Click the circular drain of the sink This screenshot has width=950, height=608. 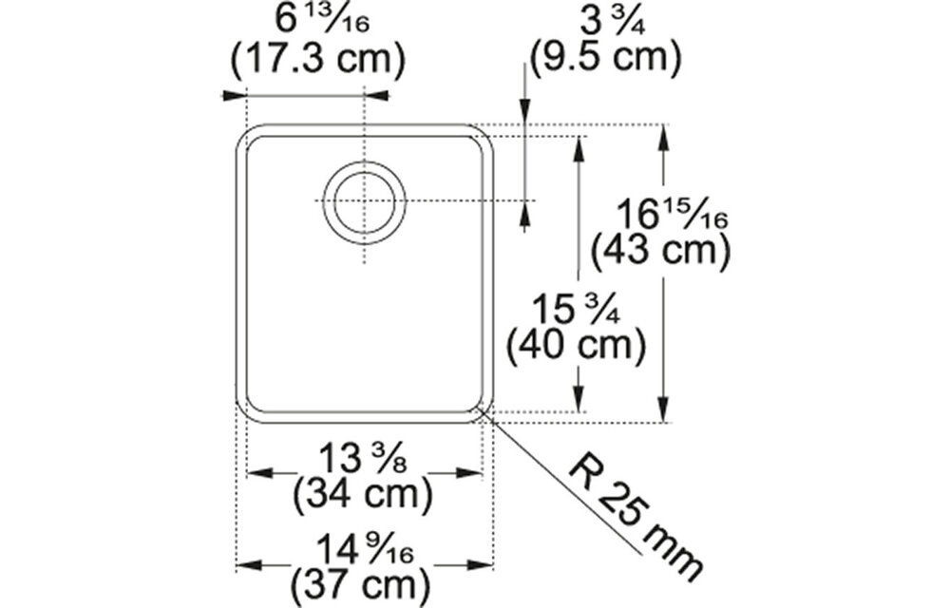coord(364,202)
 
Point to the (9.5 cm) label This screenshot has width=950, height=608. coord(606,59)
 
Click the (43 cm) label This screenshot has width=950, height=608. coord(660,252)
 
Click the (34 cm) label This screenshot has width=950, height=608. coord(364,494)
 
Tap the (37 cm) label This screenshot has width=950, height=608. coord(364,579)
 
